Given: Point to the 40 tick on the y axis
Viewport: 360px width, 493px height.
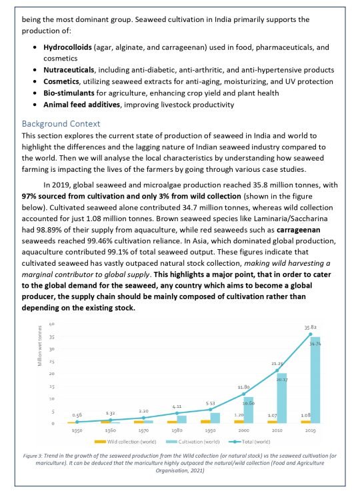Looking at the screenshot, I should pyautogui.click(x=52, y=324).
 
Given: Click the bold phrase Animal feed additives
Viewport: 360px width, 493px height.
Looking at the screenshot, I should pyautogui.click(x=83, y=105).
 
